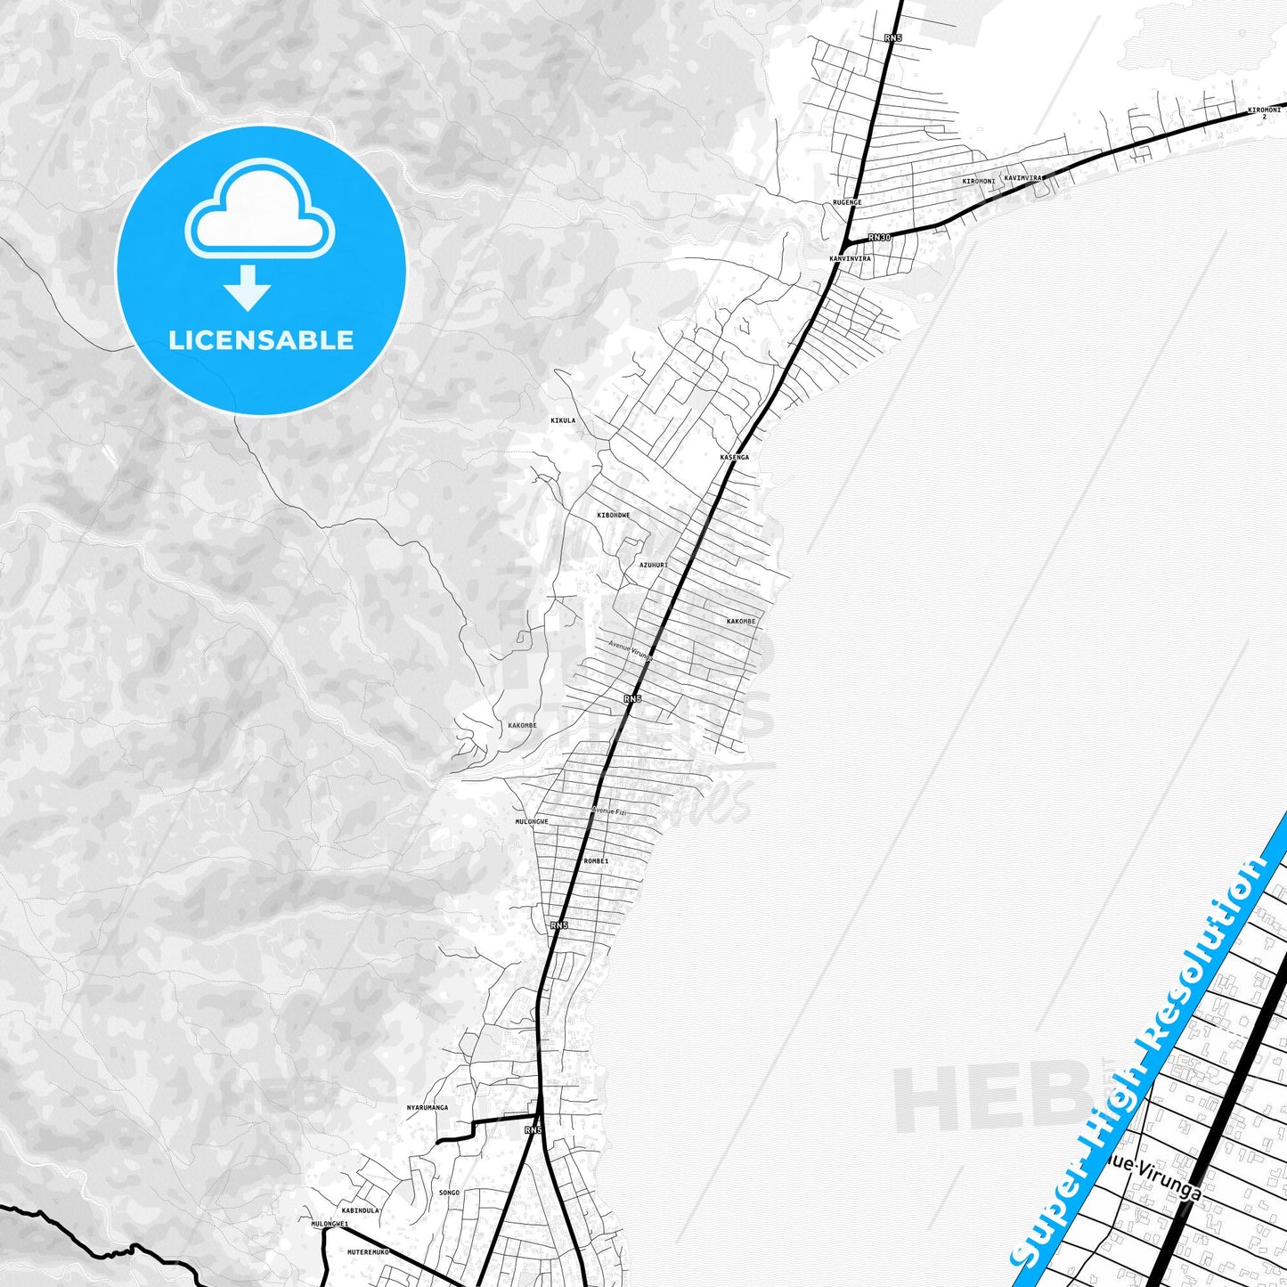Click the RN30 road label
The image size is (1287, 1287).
pyautogui.click(x=879, y=237)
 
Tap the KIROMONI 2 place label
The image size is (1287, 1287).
pyautogui.click(x=1264, y=113)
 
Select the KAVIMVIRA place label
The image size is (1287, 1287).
pyautogui.click(x=1022, y=178)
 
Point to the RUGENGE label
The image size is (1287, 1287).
pyautogui.click(x=847, y=203)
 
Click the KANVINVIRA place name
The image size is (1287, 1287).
pyautogui.click(x=850, y=259)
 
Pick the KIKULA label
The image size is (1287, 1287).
pyautogui.click(x=563, y=420)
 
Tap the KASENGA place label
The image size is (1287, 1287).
pyautogui.click(x=734, y=457)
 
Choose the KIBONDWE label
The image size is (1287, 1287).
pyautogui.click(x=614, y=516)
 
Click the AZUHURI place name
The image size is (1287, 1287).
pyautogui.click(x=654, y=565)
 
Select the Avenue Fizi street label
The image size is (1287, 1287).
pyautogui.click(x=609, y=810)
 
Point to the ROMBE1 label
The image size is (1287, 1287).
pyautogui.click(x=596, y=861)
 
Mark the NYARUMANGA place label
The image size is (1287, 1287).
pyautogui.click(x=428, y=1108)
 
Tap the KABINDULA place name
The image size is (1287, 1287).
pyautogui.click(x=361, y=1211)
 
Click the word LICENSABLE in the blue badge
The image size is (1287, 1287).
pyautogui.click(x=261, y=340)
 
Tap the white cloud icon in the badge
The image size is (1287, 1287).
pyautogui.click(x=259, y=210)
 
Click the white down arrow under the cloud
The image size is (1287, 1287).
pyautogui.click(x=248, y=287)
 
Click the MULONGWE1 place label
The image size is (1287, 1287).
pyautogui.click(x=330, y=1225)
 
